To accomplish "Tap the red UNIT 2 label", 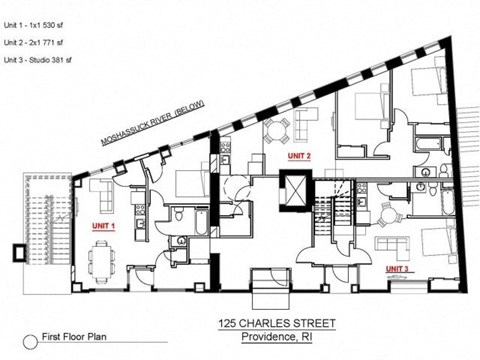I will pyautogui.click(x=299, y=157).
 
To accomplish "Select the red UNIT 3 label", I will pyautogui.click(x=398, y=268).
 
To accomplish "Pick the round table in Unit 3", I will pyautogui.click(x=386, y=212).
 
